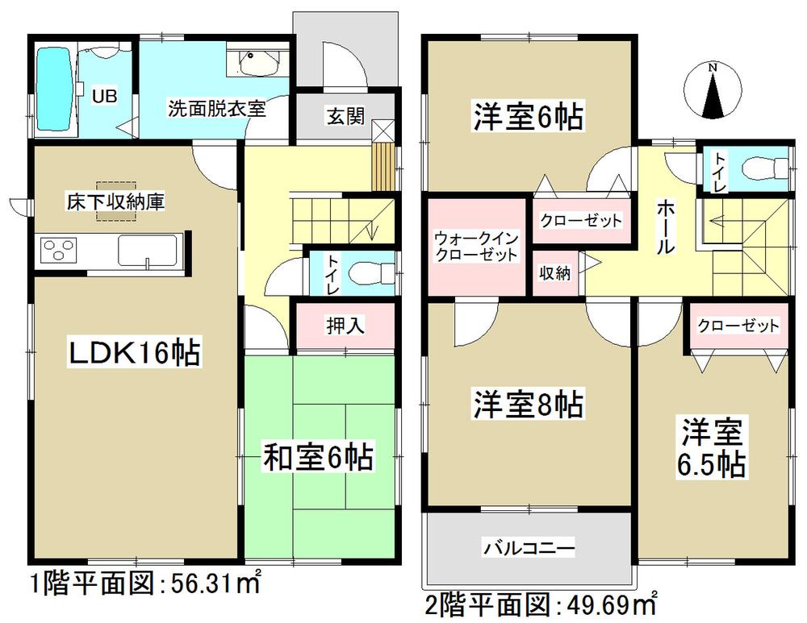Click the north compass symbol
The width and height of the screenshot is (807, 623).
[x=713, y=90]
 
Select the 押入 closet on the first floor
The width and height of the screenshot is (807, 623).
[x=345, y=325]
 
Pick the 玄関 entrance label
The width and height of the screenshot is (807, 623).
[x=345, y=116]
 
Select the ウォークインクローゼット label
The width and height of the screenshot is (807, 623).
[x=475, y=246]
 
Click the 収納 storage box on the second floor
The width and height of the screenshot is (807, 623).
[x=555, y=274]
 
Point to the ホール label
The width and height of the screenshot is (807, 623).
[x=663, y=227]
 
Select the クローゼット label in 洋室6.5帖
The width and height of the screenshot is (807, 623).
[x=738, y=326]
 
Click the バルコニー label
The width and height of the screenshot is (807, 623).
[x=529, y=550]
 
